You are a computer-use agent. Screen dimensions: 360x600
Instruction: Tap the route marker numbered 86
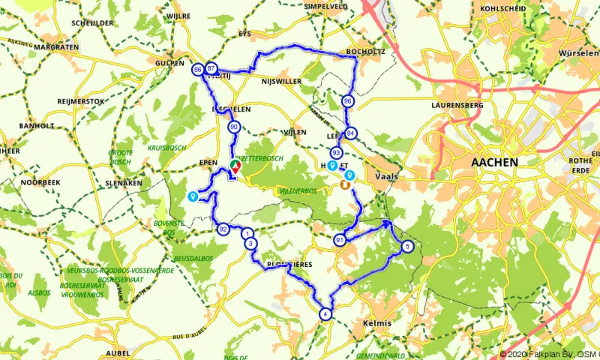[x=197, y=69]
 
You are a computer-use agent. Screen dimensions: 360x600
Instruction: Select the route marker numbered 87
[x=211, y=69]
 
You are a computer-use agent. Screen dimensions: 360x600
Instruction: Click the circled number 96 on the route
[x=346, y=101]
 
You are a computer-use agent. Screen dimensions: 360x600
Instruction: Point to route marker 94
[x=351, y=133]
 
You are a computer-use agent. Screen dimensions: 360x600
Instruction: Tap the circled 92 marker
[x=223, y=229]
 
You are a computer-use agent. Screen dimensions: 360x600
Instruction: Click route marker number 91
[x=340, y=240]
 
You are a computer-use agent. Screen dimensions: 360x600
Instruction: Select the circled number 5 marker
[x=407, y=246]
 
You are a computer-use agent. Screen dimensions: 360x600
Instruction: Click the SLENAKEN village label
[x=123, y=182]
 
